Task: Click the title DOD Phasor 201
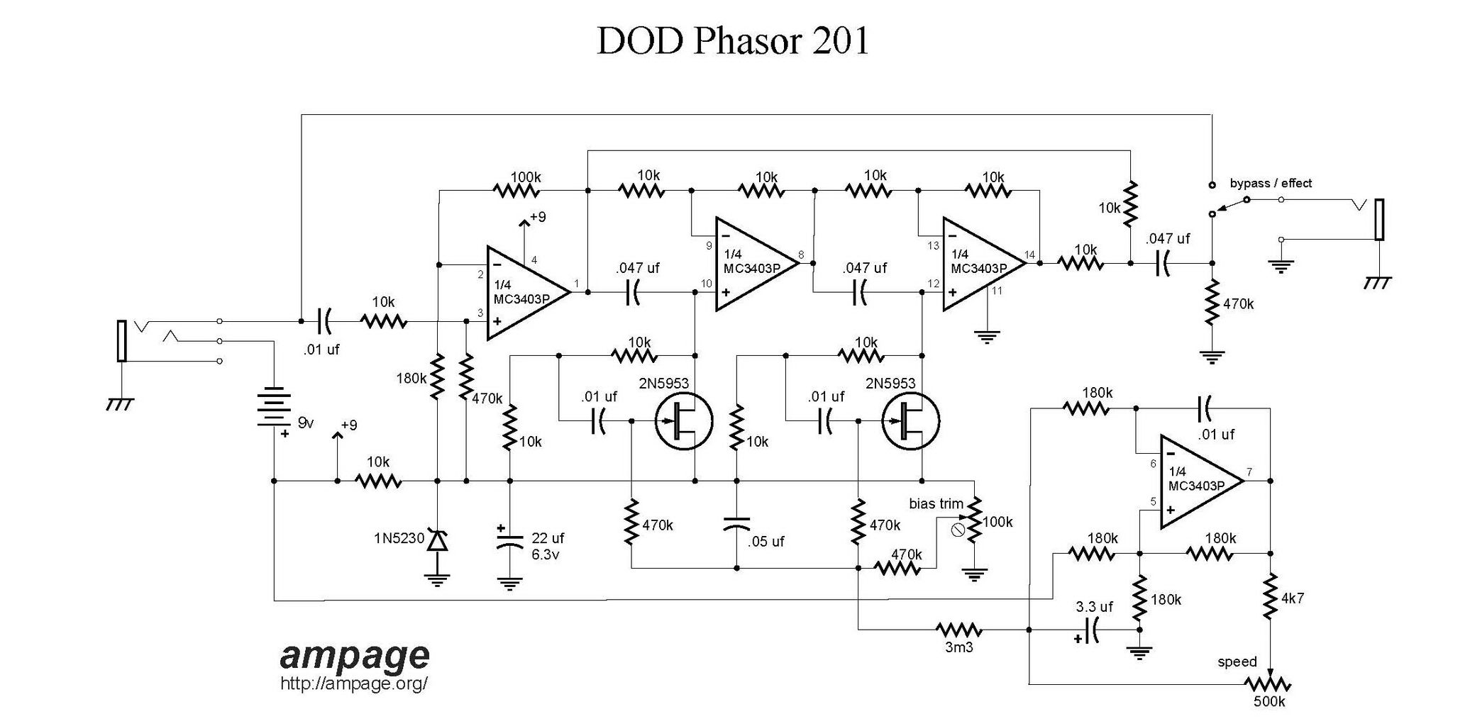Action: [x=732, y=41]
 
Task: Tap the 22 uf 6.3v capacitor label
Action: [x=547, y=546]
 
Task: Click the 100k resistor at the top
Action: [x=516, y=190]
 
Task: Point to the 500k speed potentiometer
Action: [x=1268, y=685]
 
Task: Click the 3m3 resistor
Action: [x=958, y=630]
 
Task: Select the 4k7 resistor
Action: [x=1271, y=598]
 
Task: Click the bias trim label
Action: [x=936, y=504]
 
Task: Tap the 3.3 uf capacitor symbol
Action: [x=1093, y=630]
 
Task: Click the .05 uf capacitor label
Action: [x=766, y=542]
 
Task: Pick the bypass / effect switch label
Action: [x=1270, y=184]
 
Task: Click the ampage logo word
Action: [x=355, y=656]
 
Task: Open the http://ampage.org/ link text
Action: [x=354, y=684]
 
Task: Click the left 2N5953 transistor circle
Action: [x=683, y=421]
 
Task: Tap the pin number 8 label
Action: [x=800, y=255]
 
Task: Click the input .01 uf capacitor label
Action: [x=321, y=350]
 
